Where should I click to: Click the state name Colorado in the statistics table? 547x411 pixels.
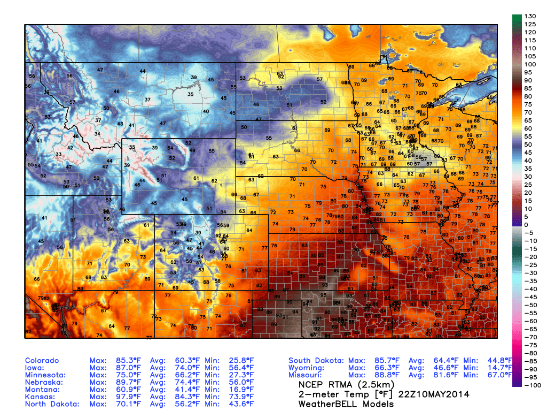(x=42, y=361)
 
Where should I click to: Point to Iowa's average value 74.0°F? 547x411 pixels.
(x=187, y=368)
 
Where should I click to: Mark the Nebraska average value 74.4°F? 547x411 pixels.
(x=187, y=383)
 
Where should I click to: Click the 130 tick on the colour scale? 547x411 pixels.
(x=530, y=17)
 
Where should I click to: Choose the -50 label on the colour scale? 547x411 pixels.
(x=531, y=305)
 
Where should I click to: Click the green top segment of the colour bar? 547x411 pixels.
(x=517, y=20)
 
